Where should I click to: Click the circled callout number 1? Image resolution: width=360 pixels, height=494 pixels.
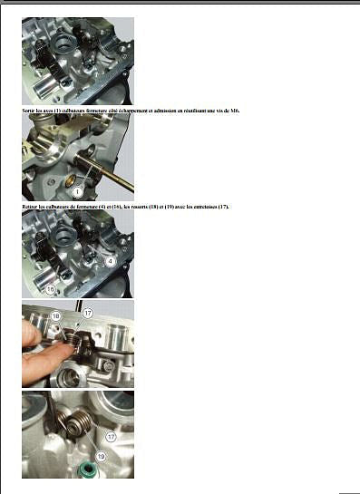pyautogui.click(x=78, y=192)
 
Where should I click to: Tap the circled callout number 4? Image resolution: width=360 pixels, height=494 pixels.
pyautogui.click(x=111, y=260)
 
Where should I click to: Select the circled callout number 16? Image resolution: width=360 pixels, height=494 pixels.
pyautogui.click(x=51, y=290)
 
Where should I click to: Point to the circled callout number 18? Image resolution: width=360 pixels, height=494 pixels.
pyautogui.click(x=56, y=315)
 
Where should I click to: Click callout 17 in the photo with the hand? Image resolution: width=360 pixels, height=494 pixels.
pyautogui.click(x=88, y=313)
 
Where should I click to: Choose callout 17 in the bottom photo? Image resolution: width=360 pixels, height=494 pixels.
pyautogui.click(x=123, y=436)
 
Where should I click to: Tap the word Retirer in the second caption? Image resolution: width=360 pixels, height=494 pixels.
pyautogui.click(x=30, y=207)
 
